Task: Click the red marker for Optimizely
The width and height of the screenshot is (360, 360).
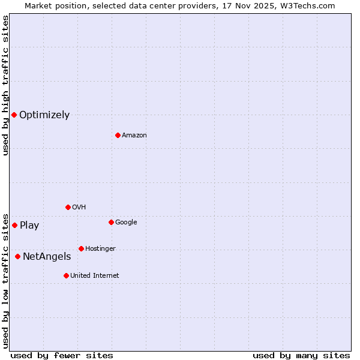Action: tap(14, 115)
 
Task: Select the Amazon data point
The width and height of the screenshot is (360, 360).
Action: tap(118, 135)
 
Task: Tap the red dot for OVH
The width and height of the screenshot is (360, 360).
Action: tap(68, 207)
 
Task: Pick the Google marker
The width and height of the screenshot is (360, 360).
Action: tap(111, 222)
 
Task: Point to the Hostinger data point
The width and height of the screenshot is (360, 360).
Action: tap(81, 248)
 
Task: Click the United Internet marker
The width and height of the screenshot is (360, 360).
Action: tap(66, 275)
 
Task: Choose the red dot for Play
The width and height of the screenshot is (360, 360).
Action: tap(14, 225)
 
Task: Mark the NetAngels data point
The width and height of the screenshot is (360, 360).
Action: tap(17, 256)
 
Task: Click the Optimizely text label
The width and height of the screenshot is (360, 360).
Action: tap(44, 115)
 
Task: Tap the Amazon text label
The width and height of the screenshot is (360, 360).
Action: tap(134, 136)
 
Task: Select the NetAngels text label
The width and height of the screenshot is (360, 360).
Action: tap(47, 257)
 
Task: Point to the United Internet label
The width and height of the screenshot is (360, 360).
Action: tap(95, 276)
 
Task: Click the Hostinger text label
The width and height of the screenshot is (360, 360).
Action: tap(100, 249)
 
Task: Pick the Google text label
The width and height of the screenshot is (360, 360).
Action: tap(126, 223)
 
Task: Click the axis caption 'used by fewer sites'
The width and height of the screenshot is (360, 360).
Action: tap(62, 355)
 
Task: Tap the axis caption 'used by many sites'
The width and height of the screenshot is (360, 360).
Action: tap(301, 355)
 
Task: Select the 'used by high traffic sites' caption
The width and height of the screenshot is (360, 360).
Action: tap(6, 85)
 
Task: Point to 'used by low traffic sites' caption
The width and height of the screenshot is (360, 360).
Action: tap(6, 280)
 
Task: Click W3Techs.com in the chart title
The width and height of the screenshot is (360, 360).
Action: tap(311, 5)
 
